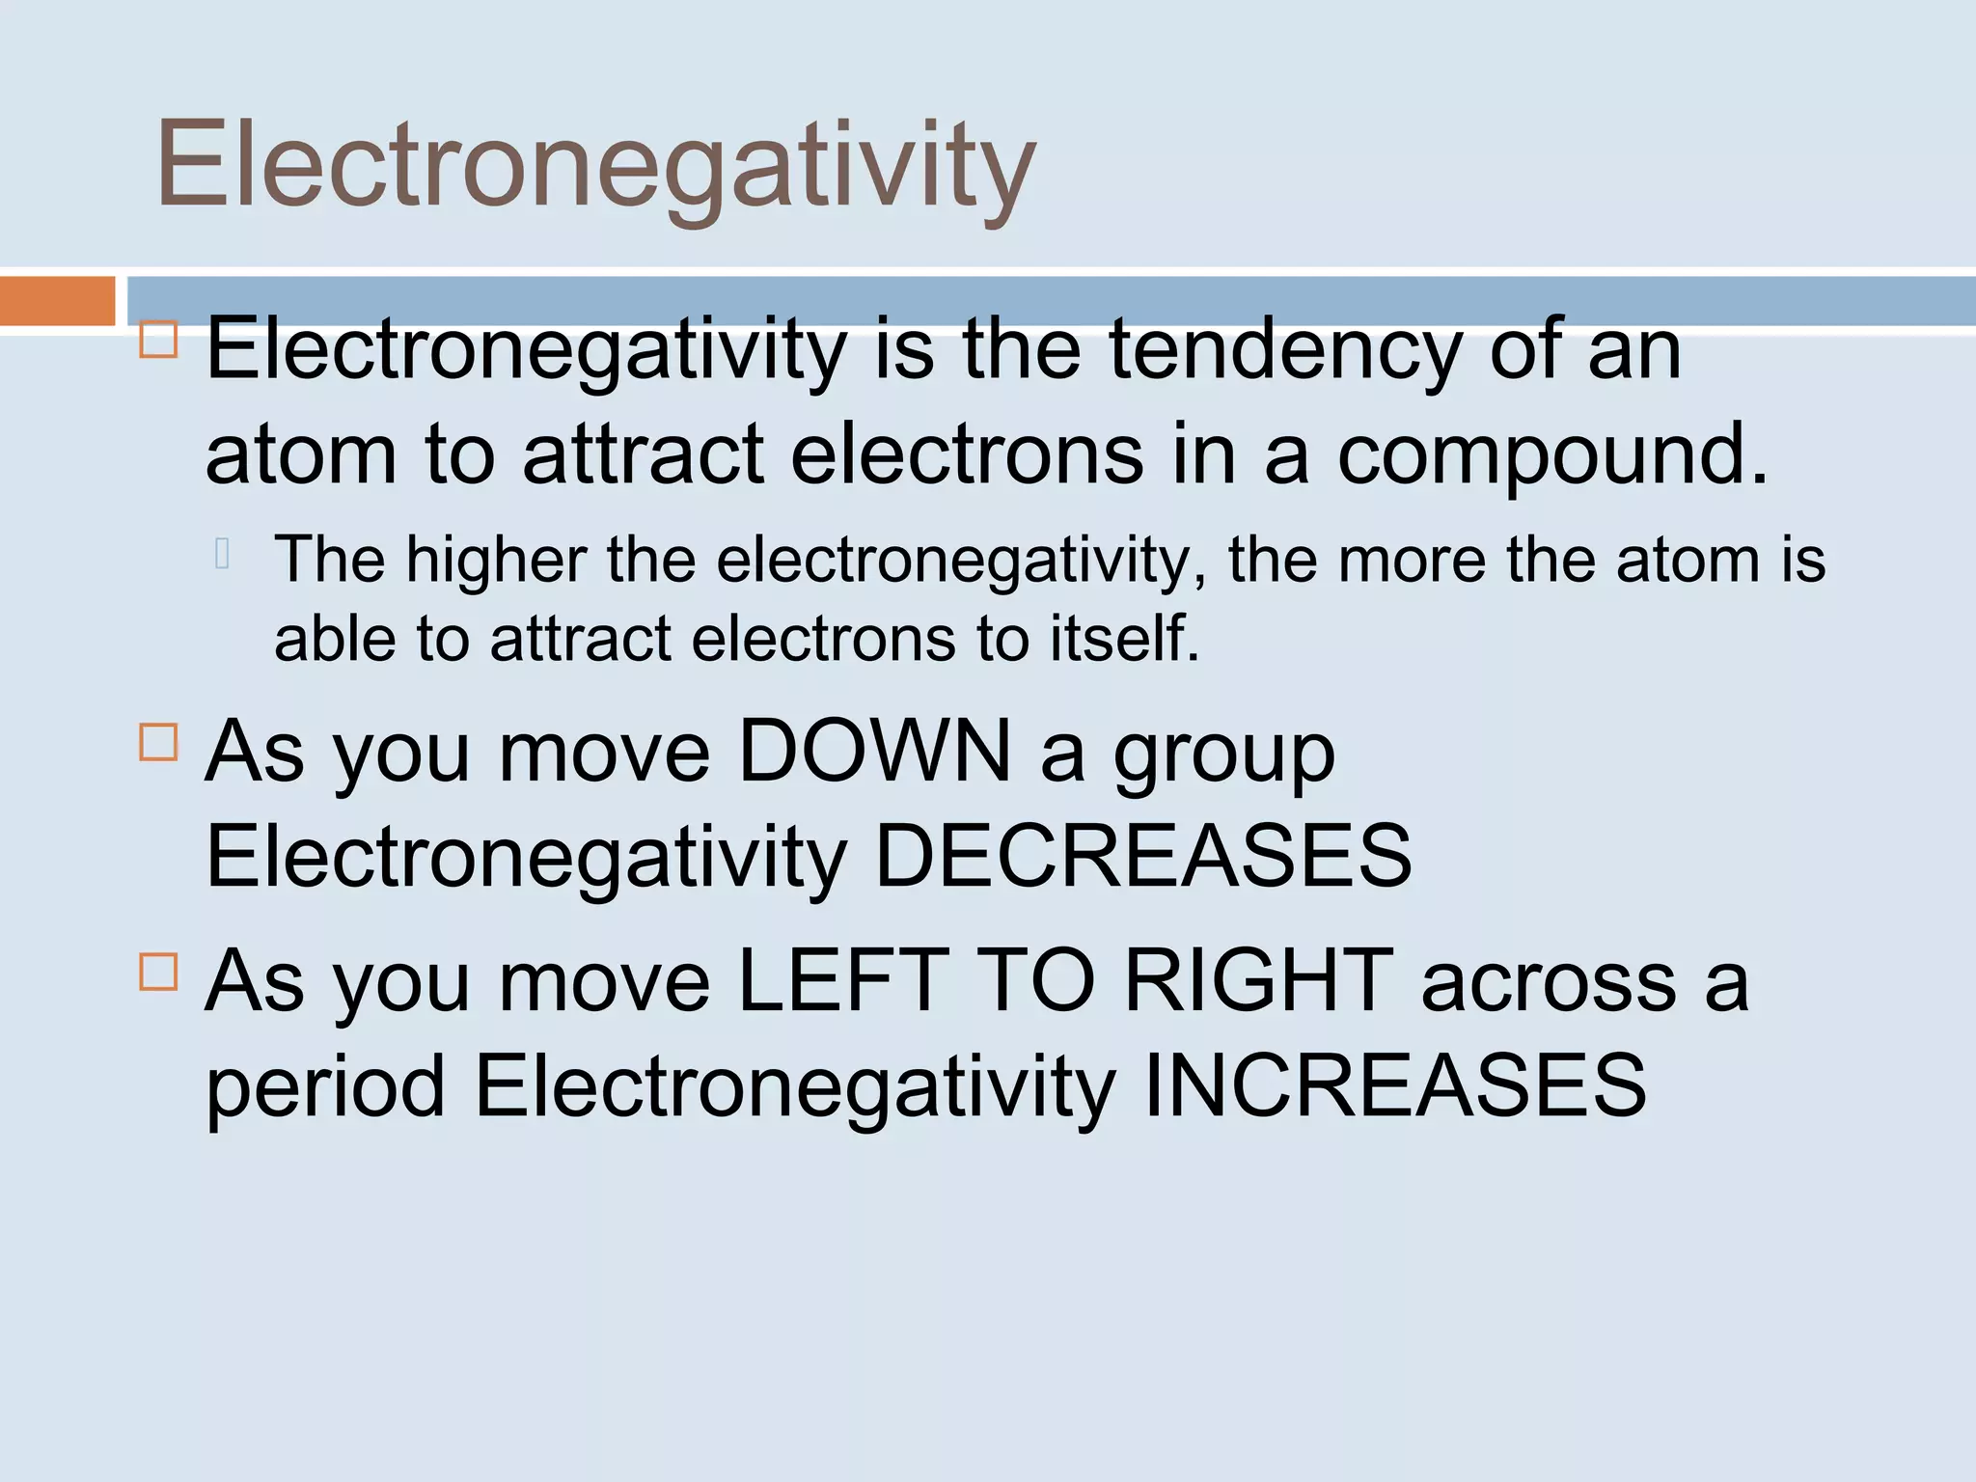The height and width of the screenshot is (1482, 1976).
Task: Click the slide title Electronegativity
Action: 595,164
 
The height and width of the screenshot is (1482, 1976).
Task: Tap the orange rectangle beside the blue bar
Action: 57,301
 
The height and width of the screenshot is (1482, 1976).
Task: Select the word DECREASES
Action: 1142,856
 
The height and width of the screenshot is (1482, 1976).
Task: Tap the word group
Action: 1224,755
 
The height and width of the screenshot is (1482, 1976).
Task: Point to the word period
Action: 325,1087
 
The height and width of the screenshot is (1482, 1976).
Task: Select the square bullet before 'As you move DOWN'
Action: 158,743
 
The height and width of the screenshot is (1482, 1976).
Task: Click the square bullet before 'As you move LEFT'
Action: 158,972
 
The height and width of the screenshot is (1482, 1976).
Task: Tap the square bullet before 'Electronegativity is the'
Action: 158,340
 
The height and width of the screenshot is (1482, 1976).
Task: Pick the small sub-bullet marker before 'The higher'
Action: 222,553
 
